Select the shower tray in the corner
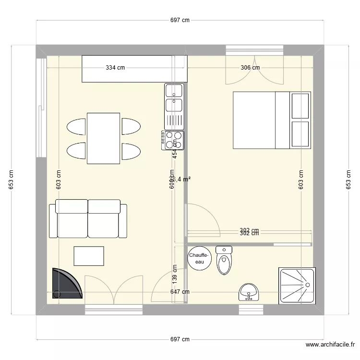(296, 286)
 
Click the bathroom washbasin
(249, 291)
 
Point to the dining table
(103, 138)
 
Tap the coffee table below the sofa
(89, 256)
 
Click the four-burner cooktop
(173, 140)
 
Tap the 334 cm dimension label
(115, 68)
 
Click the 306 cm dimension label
(250, 68)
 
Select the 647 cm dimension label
(180, 291)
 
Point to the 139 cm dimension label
(174, 273)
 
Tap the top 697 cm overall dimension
(180, 20)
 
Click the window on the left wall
(41, 108)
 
